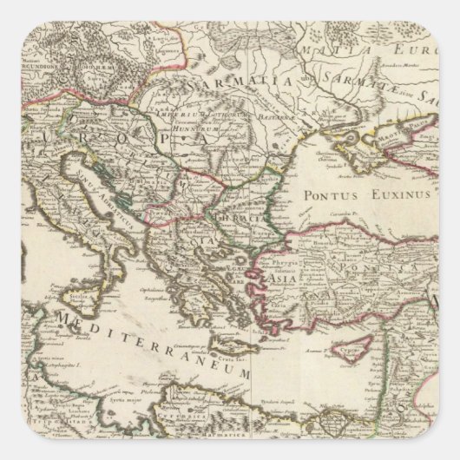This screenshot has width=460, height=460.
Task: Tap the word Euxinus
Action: (x=390, y=196)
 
